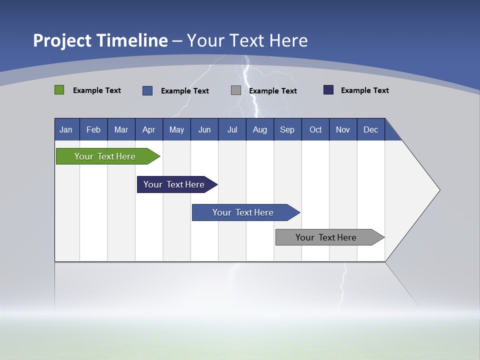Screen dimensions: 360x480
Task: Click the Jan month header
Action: (x=66, y=129)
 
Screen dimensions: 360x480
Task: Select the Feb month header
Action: (x=93, y=129)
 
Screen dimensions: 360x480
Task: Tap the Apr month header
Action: (x=149, y=129)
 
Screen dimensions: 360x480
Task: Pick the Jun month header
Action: (x=204, y=129)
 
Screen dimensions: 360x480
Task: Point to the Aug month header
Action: (x=260, y=129)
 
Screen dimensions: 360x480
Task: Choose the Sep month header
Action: (x=287, y=129)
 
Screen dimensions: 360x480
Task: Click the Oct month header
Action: (x=315, y=129)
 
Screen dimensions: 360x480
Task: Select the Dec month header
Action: (x=371, y=129)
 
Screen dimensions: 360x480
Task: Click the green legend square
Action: (x=59, y=90)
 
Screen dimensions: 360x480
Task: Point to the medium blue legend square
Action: (x=147, y=90)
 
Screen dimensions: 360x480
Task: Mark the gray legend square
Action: (x=236, y=90)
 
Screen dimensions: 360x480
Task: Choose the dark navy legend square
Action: (x=328, y=90)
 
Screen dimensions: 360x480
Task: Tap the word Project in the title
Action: (x=61, y=40)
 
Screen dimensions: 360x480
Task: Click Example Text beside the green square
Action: (x=97, y=90)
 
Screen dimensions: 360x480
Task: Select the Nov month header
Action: (x=343, y=129)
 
